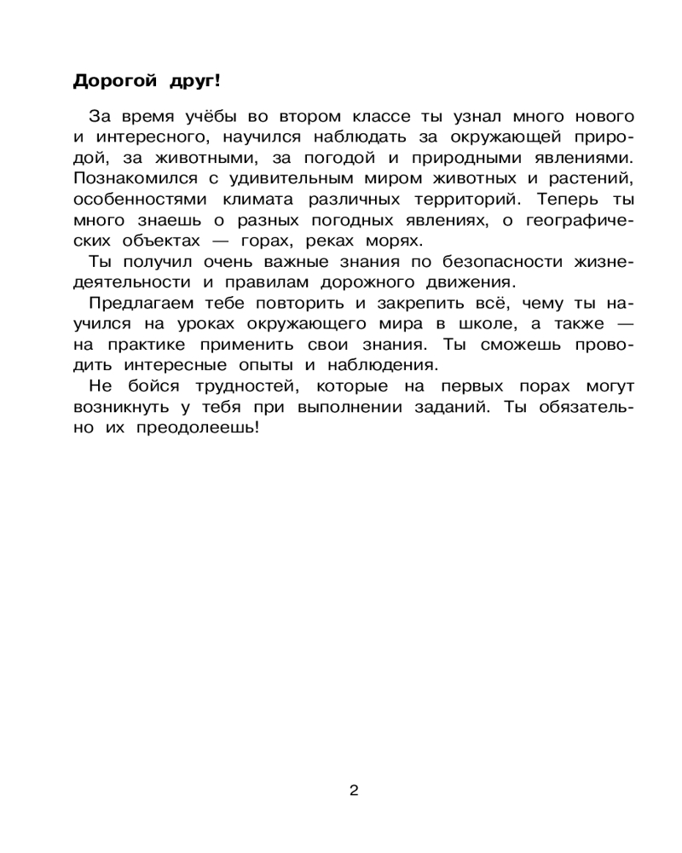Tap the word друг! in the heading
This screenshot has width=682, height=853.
[x=187, y=81]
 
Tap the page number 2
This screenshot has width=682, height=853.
[x=354, y=790]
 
